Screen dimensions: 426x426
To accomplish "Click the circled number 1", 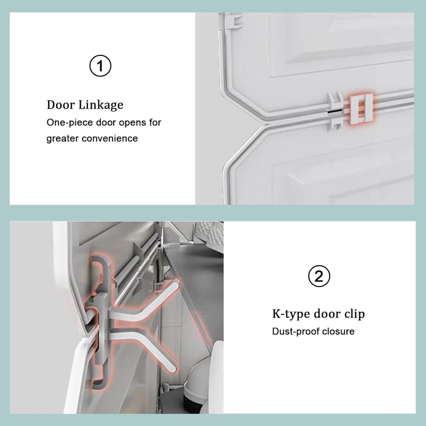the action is (100, 66).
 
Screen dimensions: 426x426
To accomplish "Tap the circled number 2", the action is (319, 276).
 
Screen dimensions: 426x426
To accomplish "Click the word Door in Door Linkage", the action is (61, 104).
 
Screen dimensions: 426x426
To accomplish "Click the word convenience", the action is (110, 138).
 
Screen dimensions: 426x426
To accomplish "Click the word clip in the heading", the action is (354, 314).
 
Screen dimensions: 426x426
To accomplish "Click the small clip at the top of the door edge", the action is (235, 20).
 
